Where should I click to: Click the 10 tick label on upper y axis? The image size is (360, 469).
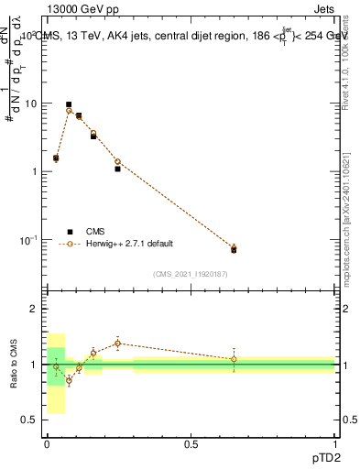click(30, 104)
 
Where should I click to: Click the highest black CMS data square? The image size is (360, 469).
click(69, 104)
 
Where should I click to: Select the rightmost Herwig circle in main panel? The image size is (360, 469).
click(234, 248)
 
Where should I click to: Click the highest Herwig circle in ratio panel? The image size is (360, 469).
click(117, 344)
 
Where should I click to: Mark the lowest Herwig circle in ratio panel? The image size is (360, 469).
click(69, 380)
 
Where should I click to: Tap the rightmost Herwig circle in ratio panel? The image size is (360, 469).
click(234, 359)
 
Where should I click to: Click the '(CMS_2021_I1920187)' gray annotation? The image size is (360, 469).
click(191, 273)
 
